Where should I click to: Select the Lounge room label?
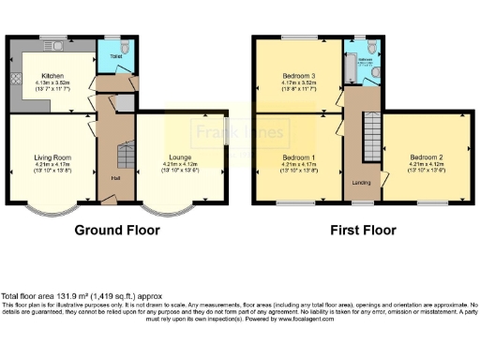coord(180,157)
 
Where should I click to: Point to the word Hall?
coord(115,178)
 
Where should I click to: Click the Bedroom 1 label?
coord(299,157)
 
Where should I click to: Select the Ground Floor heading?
coord(114,230)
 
